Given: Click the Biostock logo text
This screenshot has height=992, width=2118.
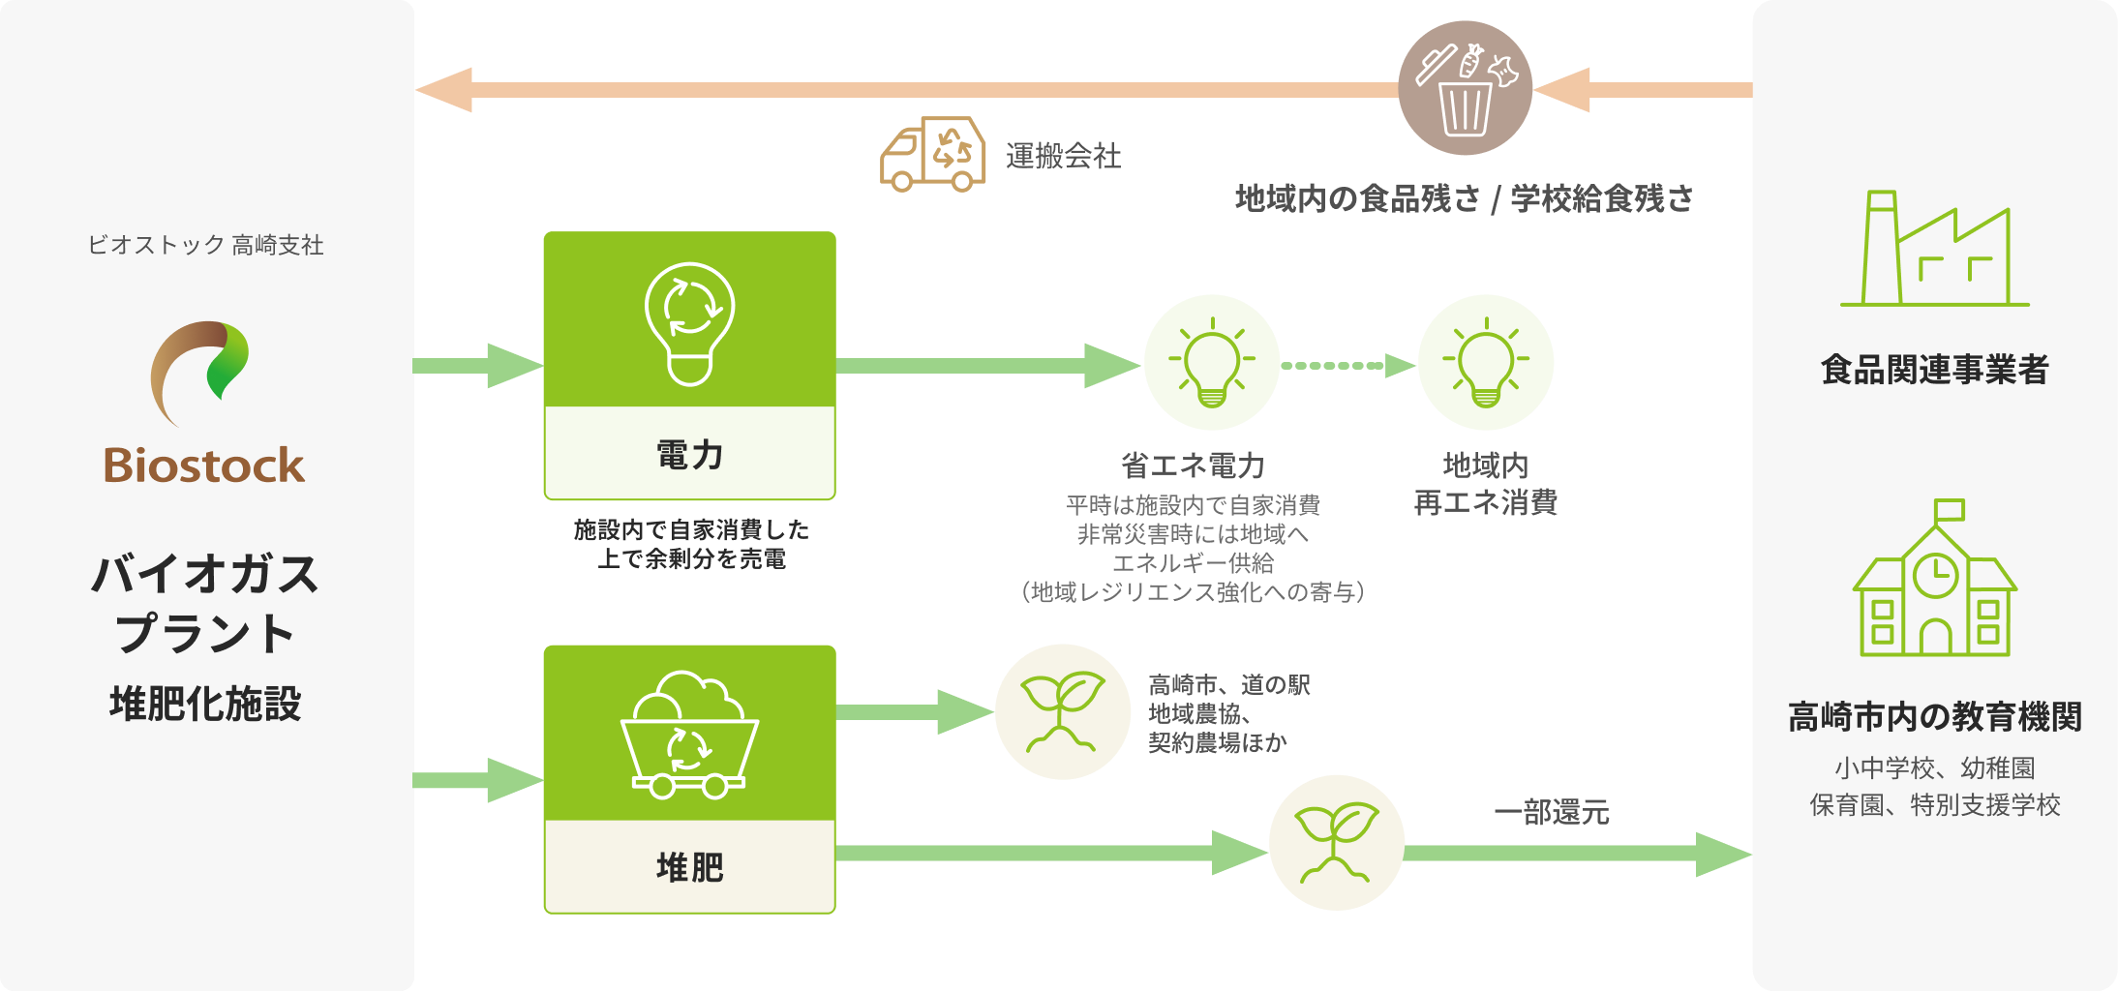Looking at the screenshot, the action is click(x=204, y=466).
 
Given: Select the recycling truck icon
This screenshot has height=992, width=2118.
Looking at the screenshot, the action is click(x=932, y=154).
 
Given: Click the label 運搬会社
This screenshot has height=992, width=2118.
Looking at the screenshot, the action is click(x=1063, y=156).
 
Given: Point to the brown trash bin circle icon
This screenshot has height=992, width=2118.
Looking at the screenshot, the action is click(x=1466, y=88).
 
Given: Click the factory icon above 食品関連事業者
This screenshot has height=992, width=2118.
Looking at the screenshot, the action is click(x=1934, y=249).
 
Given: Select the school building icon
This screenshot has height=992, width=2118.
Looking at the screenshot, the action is click(x=1934, y=578).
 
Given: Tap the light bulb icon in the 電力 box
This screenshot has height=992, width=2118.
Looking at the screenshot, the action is click(x=690, y=323).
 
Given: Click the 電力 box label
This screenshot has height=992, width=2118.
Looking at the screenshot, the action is click(x=690, y=455).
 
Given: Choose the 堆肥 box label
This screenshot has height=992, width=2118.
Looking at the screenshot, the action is click(x=690, y=867).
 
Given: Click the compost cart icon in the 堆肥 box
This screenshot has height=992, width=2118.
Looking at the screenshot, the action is click(x=689, y=735).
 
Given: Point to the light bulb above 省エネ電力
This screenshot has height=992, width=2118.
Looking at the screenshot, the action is click(x=1212, y=363).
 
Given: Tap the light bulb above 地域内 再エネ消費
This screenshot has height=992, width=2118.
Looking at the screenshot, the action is click(x=1486, y=363).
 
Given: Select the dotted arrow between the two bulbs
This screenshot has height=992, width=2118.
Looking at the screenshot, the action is click(x=1348, y=366).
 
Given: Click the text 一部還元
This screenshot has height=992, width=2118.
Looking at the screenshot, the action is click(x=1552, y=812).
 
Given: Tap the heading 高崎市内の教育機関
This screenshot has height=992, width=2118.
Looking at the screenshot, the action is click(x=1935, y=717).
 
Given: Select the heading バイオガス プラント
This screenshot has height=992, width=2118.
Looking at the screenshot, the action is click(x=205, y=604).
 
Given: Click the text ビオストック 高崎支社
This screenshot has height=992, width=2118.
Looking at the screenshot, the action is click(x=205, y=245).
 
